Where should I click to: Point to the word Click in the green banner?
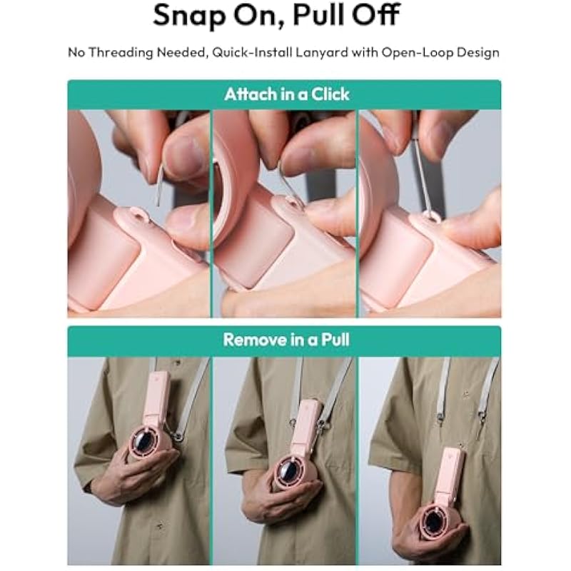[x=330, y=94]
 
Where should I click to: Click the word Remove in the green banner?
[x=255, y=340]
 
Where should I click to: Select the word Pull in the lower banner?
[x=335, y=340]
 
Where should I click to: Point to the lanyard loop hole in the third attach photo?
[x=433, y=217]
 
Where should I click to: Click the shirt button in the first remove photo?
[x=159, y=525]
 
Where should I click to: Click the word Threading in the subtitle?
[x=121, y=53]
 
